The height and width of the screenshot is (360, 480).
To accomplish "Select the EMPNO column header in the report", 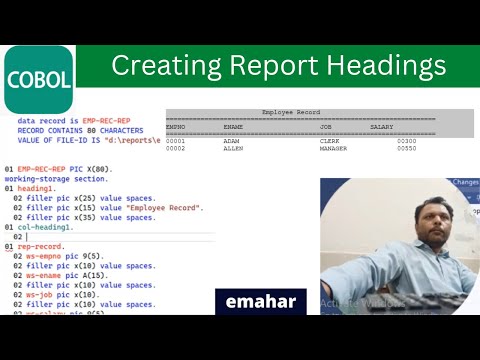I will click(176, 127).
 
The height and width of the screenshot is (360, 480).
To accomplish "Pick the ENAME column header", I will click(234, 127).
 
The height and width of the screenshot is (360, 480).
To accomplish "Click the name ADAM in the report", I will click(231, 141).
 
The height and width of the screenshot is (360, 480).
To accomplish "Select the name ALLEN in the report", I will click(232, 148).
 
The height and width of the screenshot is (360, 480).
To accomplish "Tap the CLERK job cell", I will click(329, 141).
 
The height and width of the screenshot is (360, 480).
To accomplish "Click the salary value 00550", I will click(406, 148).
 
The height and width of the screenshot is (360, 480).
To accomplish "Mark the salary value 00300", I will click(406, 141).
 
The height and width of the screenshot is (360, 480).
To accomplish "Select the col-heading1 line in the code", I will click(47, 227).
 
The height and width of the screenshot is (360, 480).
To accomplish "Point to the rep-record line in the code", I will click(41, 246).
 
